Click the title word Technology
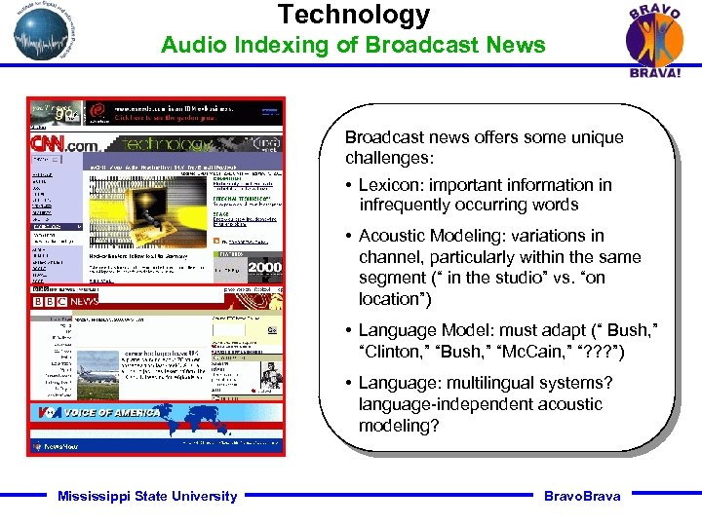353,15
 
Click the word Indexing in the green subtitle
255,45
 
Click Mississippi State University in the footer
147,496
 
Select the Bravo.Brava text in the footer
582,496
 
